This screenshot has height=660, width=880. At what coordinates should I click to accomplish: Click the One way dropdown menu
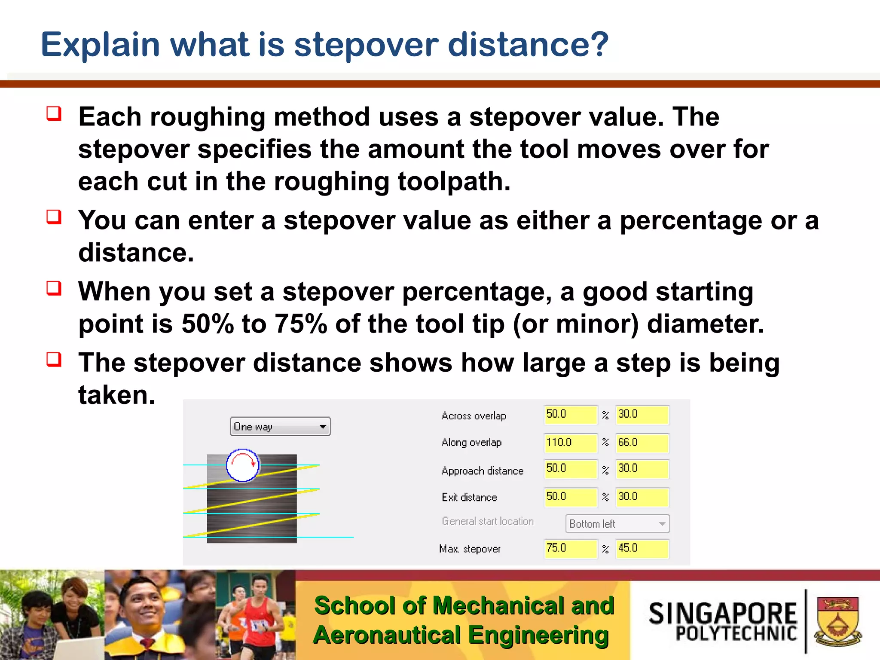pyautogui.click(x=280, y=427)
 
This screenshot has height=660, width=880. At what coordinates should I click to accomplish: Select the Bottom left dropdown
pyautogui.click(x=617, y=524)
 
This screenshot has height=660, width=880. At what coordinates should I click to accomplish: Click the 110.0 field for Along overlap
pyautogui.click(x=570, y=443)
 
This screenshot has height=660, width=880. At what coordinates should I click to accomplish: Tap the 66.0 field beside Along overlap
pyautogui.click(x=642, y=443)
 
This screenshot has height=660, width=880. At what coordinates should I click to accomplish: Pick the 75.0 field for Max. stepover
pyautogui.click(x=570, y=549)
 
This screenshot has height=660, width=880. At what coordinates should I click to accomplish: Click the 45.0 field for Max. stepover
pyautogui.click(x=642, y=549)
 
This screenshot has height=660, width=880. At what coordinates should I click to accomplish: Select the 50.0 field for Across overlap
pyautogui.click(x=570, y=415)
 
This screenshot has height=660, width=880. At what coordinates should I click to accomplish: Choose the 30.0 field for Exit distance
pyautogui.click(x=642, y=497)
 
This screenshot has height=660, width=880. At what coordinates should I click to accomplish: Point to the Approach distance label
pyautogui.click(x=482, y=471)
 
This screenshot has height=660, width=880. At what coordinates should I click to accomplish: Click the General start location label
pyautogui.click(x=487, y=522)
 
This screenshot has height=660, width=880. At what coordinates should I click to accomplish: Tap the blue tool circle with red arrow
pyautogui.click(x=243, y=465)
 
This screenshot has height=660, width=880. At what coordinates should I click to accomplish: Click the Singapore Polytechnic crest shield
pyautogui.click(x=837, y=621)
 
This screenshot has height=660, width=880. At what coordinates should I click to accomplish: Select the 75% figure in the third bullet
pyautogui.click(x=301, y=324)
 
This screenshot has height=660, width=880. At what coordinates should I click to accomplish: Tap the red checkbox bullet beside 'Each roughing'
pyautogui.click(x=54, y=114)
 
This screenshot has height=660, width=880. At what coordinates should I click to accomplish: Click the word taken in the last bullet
pyautogui.click(x=116, y=395)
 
